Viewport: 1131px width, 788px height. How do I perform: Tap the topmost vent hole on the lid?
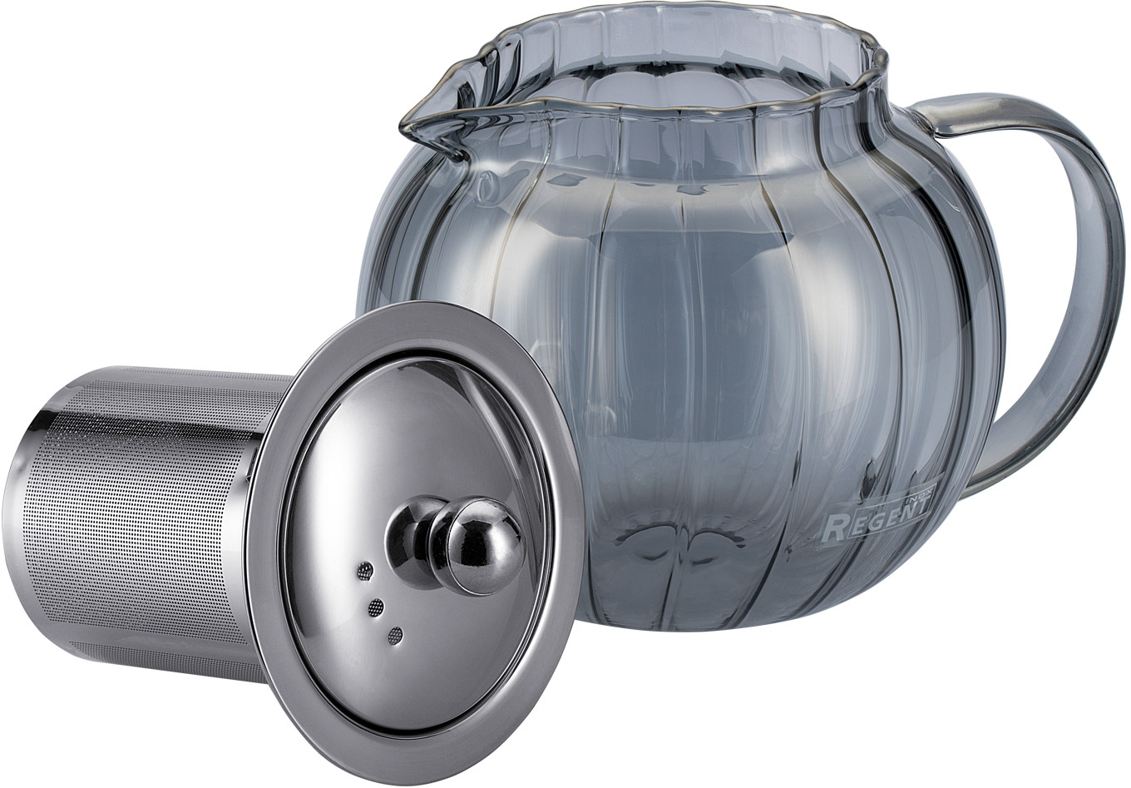click(364, 571)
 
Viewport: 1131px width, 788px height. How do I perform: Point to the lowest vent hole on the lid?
click(395, 636)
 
